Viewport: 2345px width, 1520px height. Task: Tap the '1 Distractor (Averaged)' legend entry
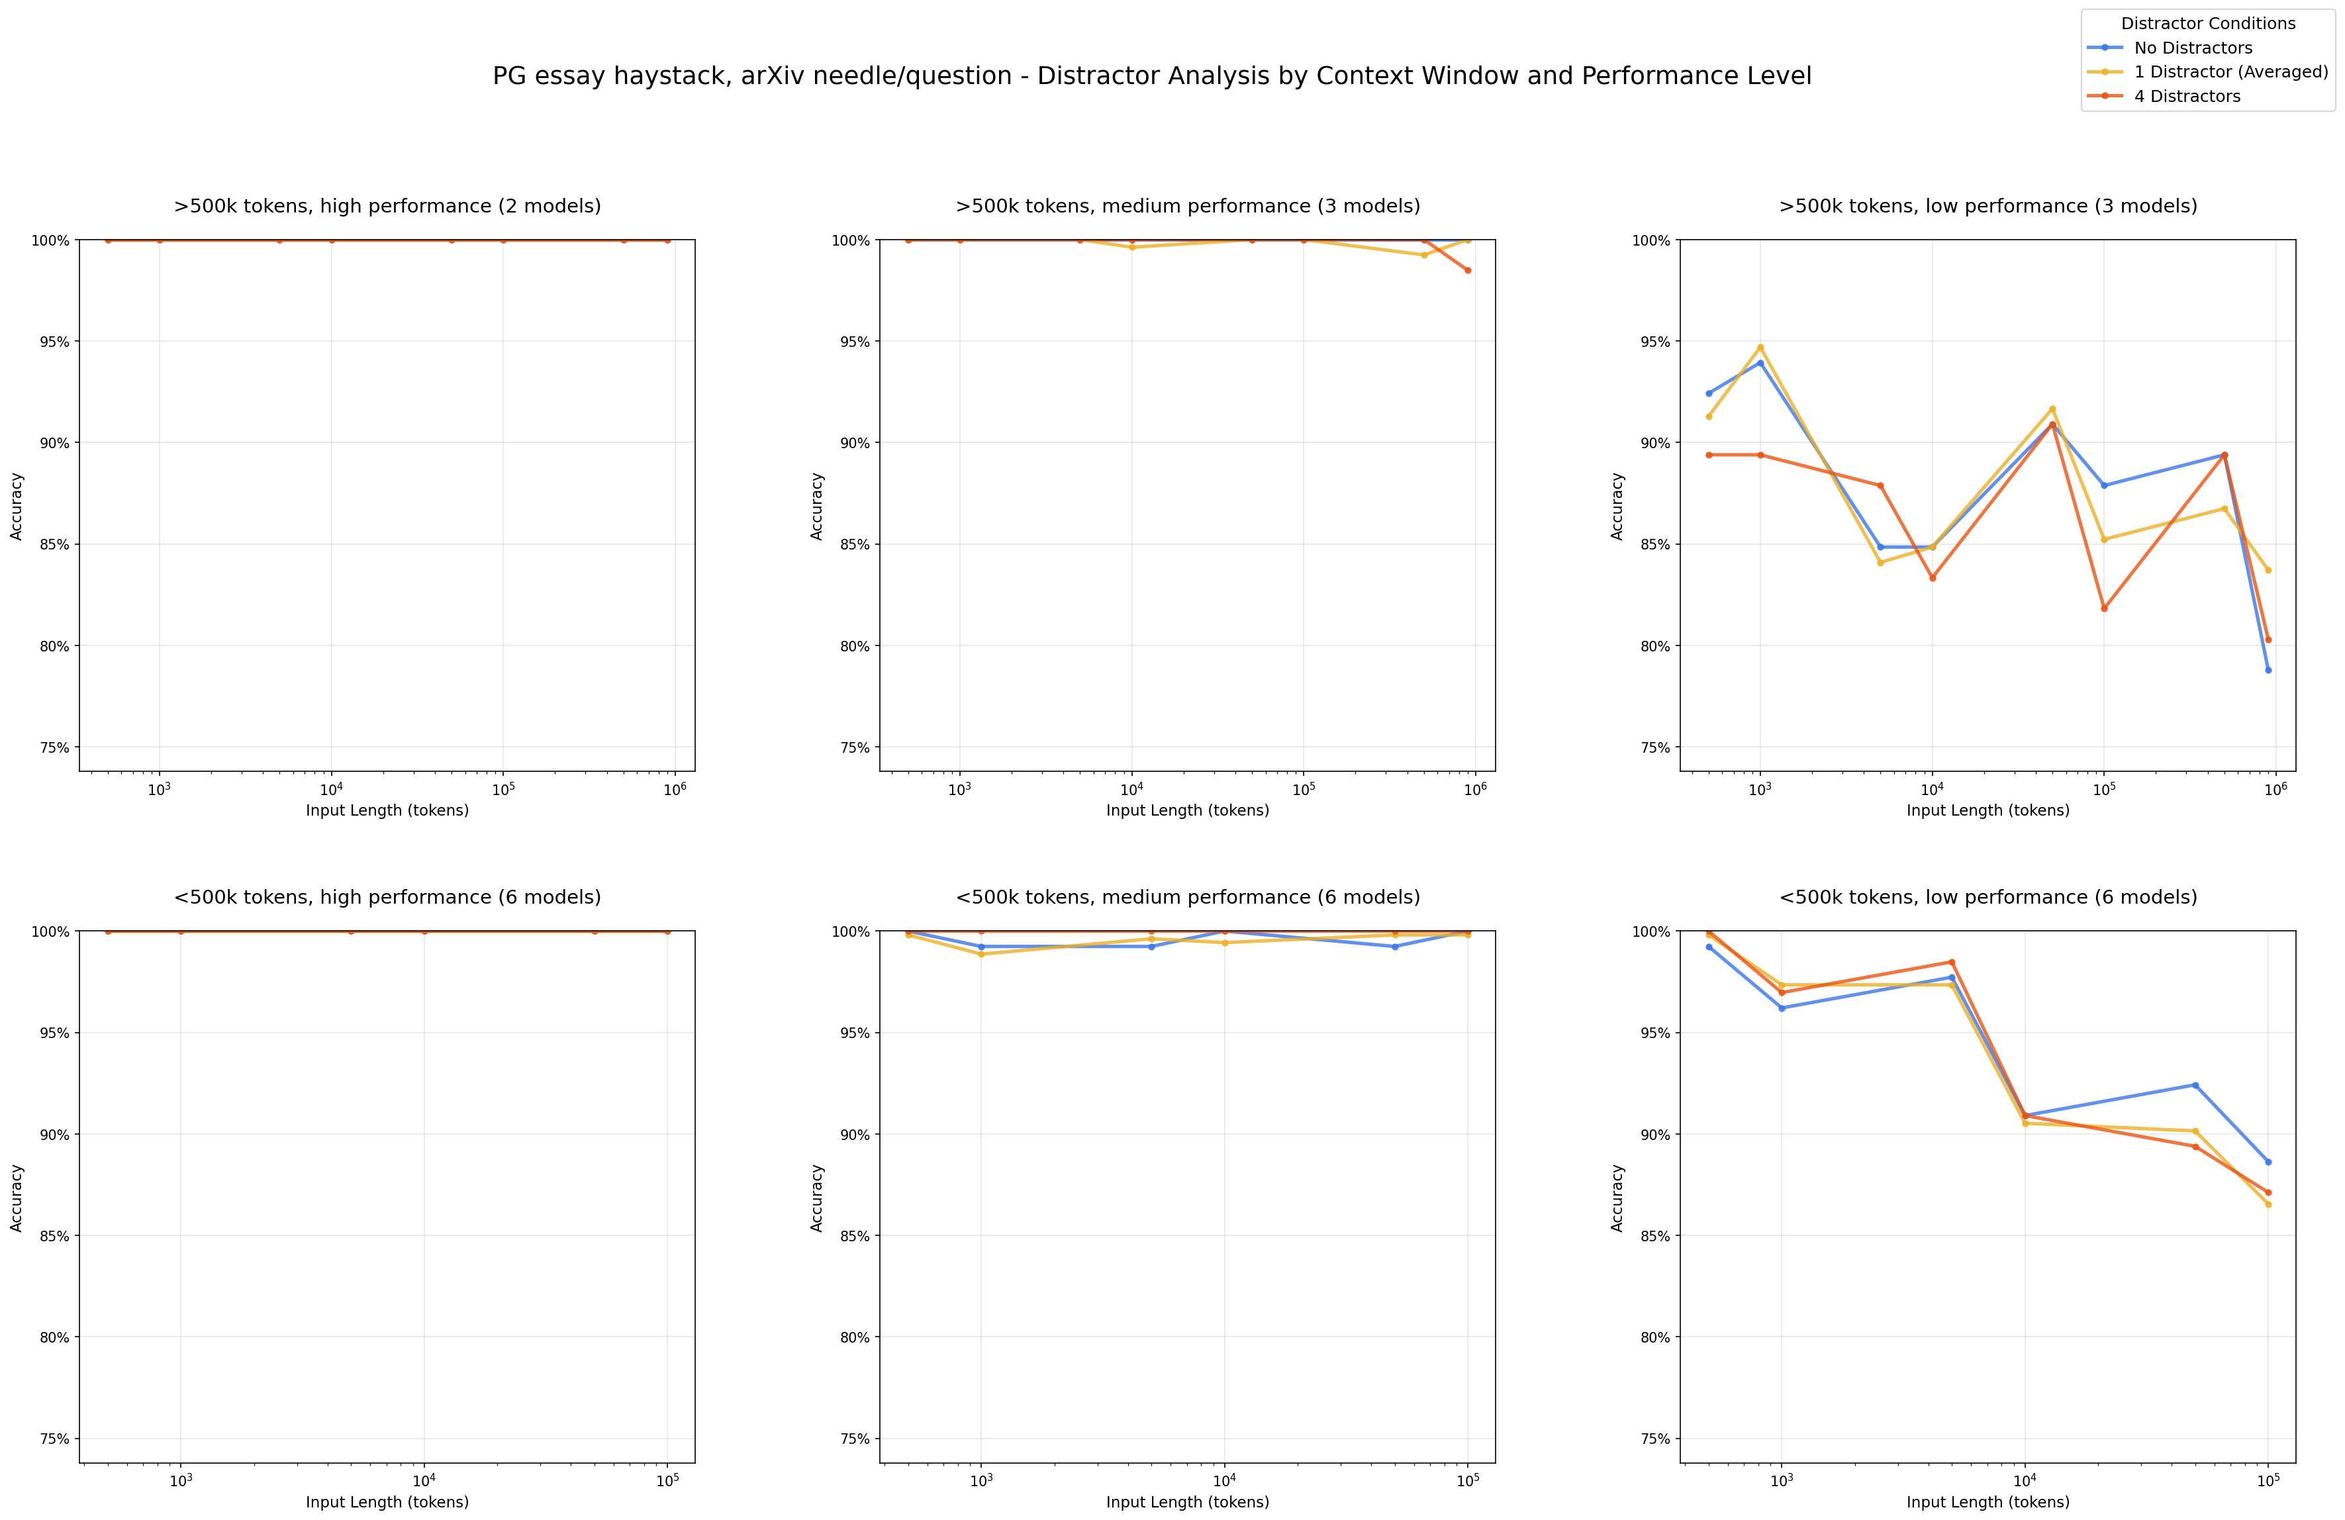2230,72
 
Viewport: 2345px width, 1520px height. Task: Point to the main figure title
1151,76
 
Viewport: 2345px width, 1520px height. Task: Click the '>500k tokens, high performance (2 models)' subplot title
387,206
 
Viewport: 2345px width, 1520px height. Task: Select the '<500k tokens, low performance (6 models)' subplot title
1987,898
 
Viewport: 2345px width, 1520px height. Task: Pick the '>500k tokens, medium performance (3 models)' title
1187,206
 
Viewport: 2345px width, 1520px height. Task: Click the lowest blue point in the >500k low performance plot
2268,670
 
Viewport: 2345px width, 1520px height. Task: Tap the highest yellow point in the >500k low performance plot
1760,347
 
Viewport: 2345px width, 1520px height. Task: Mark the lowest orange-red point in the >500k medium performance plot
1468,270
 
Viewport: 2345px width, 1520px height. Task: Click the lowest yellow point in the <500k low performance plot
2268,1204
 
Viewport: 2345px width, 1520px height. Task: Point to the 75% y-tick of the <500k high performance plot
54,1439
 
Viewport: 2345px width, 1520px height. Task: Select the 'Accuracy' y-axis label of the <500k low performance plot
1617,1197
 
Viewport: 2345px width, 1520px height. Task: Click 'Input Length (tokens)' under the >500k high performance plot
387,811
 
